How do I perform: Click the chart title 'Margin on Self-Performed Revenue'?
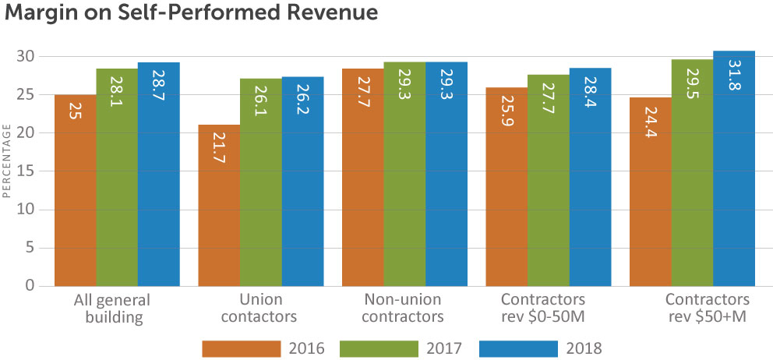191,13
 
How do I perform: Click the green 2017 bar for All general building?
117,177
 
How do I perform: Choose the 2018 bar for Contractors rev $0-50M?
590,177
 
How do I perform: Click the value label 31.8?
735,72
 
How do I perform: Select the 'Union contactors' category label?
261,308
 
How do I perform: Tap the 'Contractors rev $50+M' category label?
708,308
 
